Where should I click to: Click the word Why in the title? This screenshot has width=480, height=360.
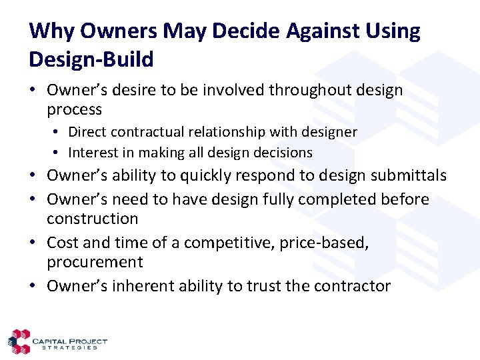point(51,31)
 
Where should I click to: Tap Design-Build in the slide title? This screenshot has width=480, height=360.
point(91,59)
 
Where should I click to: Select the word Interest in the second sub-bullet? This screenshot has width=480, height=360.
point(93,153)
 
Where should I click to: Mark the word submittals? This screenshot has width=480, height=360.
point(409,176)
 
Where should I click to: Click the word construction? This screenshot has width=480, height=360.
point(92,219)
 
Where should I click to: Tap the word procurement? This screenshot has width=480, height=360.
point(94,262)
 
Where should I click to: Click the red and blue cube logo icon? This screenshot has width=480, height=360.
point(21,341)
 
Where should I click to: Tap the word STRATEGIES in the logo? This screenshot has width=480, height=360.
point(70,347)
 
